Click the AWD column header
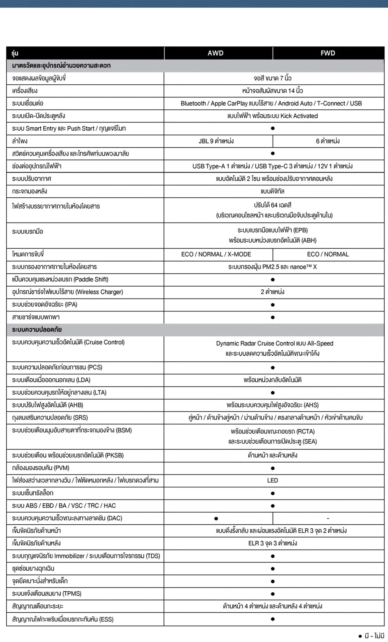(x=215, y=53)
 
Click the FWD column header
(x=328, y=53)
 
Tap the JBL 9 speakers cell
(x=216, y=141)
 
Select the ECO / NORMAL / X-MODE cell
(x=216, y=254)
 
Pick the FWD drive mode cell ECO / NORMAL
(x=328, y=254)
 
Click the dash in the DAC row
(x=328, y=518)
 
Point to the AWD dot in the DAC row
(x=216, y=519)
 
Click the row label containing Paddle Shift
(x=60, y=280)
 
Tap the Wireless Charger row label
(x=67, y=292)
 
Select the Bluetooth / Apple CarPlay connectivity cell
(x=271, y=103)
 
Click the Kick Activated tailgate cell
(x=272, y=116)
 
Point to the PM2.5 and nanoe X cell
(x=272, y=267)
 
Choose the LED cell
(x=272, y=480)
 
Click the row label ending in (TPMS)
(x=47, y=594)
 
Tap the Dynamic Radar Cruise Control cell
(x=274, y=344)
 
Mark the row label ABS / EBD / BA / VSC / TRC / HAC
(x=64, y=506)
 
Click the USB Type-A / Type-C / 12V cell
(x=272, y=166)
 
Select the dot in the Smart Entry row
(x=272, y=128)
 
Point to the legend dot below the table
(x=360, y=636)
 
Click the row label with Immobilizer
(x=86, y=556)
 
